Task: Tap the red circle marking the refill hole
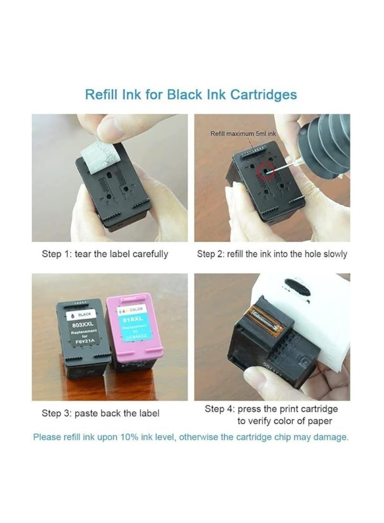[264, 170]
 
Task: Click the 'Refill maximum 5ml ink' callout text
[243, 134]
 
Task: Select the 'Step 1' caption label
[58, 254]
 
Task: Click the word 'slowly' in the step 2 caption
[333, 254]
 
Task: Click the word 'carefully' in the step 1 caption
[148, 254]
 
